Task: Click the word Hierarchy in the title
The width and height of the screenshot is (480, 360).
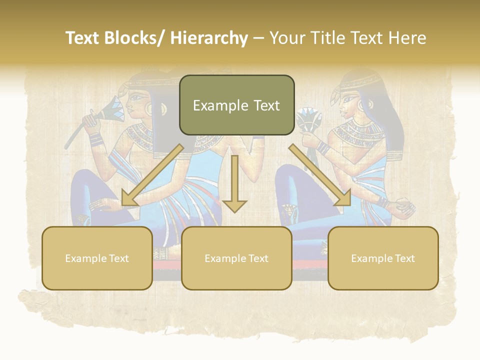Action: [x=209, y=38]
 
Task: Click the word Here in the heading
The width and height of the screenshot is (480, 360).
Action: [x=407, y=38]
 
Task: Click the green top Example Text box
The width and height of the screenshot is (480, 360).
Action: [x=236, y=105]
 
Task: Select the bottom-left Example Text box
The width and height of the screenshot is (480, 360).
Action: [x=97, y=258]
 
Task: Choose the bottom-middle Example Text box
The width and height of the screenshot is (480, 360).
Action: [x=236, y=258]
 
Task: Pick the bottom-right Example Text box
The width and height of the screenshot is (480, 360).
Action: [x=383, y=258]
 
